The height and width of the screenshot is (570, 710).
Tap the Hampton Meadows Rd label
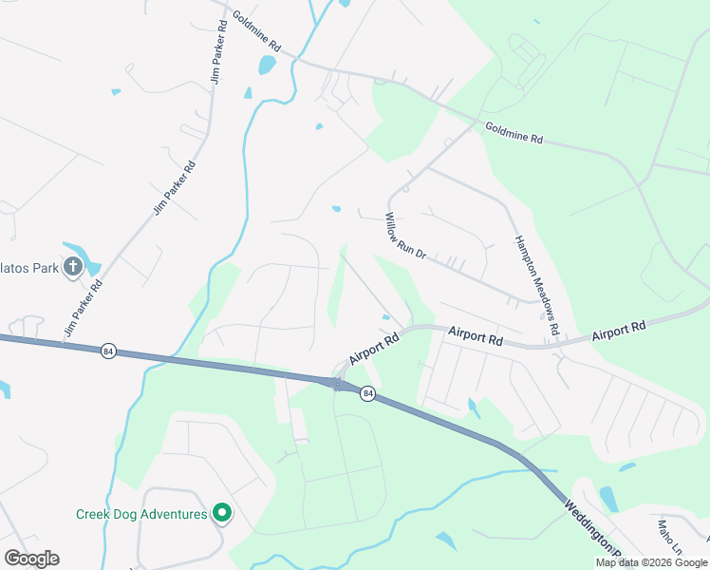coord(537,284)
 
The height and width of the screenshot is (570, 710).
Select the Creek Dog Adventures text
coord(141,514)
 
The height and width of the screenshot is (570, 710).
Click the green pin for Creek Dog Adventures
coord(222,513)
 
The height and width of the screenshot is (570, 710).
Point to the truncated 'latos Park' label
coord(29,268)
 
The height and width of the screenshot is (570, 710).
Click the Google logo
coord(31,559)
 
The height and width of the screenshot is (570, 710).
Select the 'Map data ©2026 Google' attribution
coord(650,562)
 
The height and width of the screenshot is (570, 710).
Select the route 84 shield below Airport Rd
coord(367,393)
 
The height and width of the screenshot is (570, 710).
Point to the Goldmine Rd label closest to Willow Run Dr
coord(514,133)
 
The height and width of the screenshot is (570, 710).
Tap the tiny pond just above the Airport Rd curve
coord(385,317)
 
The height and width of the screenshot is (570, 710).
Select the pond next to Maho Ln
coord(608,499)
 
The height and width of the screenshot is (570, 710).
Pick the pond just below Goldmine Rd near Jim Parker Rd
coord(267,65)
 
